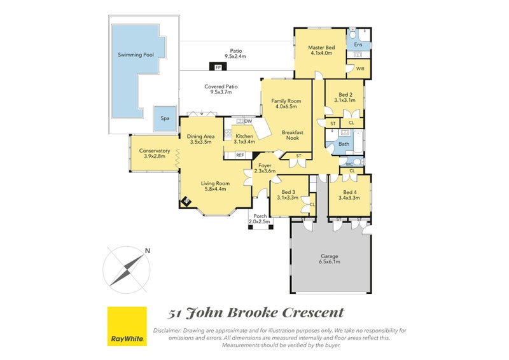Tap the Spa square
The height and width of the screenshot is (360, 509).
165,118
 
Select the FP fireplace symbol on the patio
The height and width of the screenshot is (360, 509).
218,67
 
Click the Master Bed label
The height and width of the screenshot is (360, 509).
321,48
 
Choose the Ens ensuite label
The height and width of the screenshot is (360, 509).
358,45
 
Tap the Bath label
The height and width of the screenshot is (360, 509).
344,144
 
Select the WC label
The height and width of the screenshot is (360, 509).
349,163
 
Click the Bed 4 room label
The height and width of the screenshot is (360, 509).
349,192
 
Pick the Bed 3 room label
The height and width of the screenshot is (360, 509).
288,192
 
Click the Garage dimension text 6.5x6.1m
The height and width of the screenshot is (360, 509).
330,261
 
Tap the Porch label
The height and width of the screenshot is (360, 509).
260,216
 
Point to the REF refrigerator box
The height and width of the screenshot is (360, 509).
240,155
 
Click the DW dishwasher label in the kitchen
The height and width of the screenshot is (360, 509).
248,121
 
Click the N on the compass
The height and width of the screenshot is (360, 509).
147,251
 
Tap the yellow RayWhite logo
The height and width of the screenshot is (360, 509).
127,326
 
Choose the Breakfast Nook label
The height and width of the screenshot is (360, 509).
293,135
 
